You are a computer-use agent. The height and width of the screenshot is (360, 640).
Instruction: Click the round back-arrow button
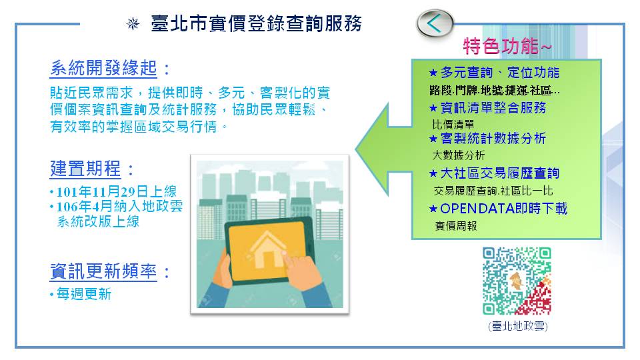click(435, 23)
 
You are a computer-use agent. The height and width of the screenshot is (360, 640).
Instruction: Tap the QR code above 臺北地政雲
click(517, 281)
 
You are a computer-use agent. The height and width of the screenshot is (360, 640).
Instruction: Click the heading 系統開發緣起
click(103, 68)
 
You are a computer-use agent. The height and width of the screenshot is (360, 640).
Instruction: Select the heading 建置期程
click(85, 169)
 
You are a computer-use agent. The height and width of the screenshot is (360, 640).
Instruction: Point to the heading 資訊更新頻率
click(103, 271)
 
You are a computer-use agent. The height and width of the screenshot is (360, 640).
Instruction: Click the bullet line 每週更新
click(81, 294)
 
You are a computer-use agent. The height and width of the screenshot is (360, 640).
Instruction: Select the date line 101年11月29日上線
click(113, 191)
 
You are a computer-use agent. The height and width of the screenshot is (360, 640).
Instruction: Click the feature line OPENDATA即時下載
click(499, 209)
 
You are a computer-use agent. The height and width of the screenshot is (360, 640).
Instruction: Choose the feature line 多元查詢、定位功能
click(494, 73)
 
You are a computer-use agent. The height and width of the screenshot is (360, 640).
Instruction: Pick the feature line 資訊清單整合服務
click(488, 108)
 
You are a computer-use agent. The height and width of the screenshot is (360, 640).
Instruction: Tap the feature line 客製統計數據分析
click(488, 139)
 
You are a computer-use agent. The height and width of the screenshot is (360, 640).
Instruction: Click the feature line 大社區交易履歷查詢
click(494, 173)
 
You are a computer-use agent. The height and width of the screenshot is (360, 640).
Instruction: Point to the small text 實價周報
click(456, 226)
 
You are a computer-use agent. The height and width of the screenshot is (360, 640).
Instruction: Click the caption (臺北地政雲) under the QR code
click(517, 326)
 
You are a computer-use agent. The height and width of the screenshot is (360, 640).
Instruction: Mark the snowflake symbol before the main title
click(133, 24)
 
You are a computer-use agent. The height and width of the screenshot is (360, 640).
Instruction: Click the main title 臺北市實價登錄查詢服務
click(256, 23)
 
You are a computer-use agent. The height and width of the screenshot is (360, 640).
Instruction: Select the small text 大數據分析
click(459, 155)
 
